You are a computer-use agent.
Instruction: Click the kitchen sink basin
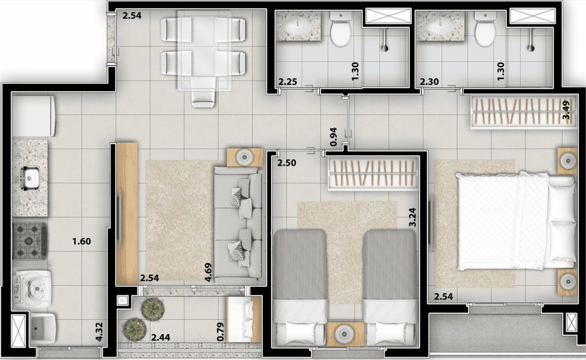pyautogui.click(x=30, y=178)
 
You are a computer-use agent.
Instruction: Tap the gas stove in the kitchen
pyautogui.click(x=30, y=241)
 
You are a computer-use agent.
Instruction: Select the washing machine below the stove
pyautogui.click(x=32, y=289)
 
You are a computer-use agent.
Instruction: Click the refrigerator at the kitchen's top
pyautogui.click(x=33, y=116)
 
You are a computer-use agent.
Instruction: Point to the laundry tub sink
pyautogui.click(x=43, y=328)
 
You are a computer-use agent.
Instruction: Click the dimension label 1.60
pyautogui.click(x=82, y=241)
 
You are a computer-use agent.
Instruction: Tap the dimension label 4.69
pyautogui.click(x=208, y=272)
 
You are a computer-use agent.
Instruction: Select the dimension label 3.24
pyautogui.click(x=412, y=217)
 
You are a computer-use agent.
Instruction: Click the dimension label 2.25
pyautogui.click(x=288, y=82)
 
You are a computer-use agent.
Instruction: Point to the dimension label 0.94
pyautogui.click(x=334, y=137)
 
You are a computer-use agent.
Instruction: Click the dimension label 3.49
pyautogui.click(x=566, y=110)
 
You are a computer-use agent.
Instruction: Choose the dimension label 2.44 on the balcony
pyautogui.click(x=161, y=337)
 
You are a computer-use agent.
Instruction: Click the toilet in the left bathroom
pyautogui.click(x=340, y=29)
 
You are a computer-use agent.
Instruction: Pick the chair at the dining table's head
pyautogui.click(x=203, y=92)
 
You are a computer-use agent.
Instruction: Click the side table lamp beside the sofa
pyautogui.click(x=245, y=157)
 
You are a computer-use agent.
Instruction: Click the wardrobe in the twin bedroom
pyautogui.click(x=373, y=174)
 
